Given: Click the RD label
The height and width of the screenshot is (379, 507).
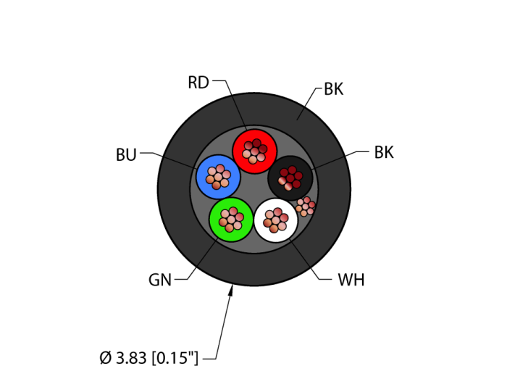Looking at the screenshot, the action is [x=198, y=83].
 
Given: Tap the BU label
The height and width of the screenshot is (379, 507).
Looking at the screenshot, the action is [x=126, y=155].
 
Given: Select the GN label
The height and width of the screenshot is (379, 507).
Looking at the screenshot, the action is [x=160, y=280].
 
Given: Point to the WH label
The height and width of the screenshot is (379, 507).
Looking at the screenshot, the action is [x=351, y=280].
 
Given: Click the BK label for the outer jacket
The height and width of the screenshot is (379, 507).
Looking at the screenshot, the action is [x=334, y=89].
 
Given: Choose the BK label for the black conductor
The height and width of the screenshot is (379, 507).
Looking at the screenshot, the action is [x=384, y=152].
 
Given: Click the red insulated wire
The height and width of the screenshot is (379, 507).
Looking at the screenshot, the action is [x=255, y=151].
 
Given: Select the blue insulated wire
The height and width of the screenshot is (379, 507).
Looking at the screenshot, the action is [x=218, y=177].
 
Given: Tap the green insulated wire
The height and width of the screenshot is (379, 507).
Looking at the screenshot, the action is [x=231, y=220].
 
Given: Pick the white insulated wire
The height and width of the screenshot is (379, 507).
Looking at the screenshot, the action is [x=276, y=220].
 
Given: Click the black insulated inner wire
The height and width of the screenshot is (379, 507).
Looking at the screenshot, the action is [x=290, y=178].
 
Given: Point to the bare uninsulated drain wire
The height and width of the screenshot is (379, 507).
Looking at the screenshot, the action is [x=305, y=207].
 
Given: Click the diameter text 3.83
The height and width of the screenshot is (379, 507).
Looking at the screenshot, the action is [x=131, y=358].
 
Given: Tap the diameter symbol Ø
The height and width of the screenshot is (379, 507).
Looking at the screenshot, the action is [x=106, y=358].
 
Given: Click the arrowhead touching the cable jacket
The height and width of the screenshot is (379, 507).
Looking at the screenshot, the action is [x=230, y=291].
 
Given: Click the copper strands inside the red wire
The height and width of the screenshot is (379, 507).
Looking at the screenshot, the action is [x=255, y=151].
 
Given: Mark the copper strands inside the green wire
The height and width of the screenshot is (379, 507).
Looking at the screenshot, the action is [x=231, y=220].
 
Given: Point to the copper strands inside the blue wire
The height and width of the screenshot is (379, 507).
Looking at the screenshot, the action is [x=218, y=177].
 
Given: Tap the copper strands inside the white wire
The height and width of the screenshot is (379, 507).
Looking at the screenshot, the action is [x=276, y=220].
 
